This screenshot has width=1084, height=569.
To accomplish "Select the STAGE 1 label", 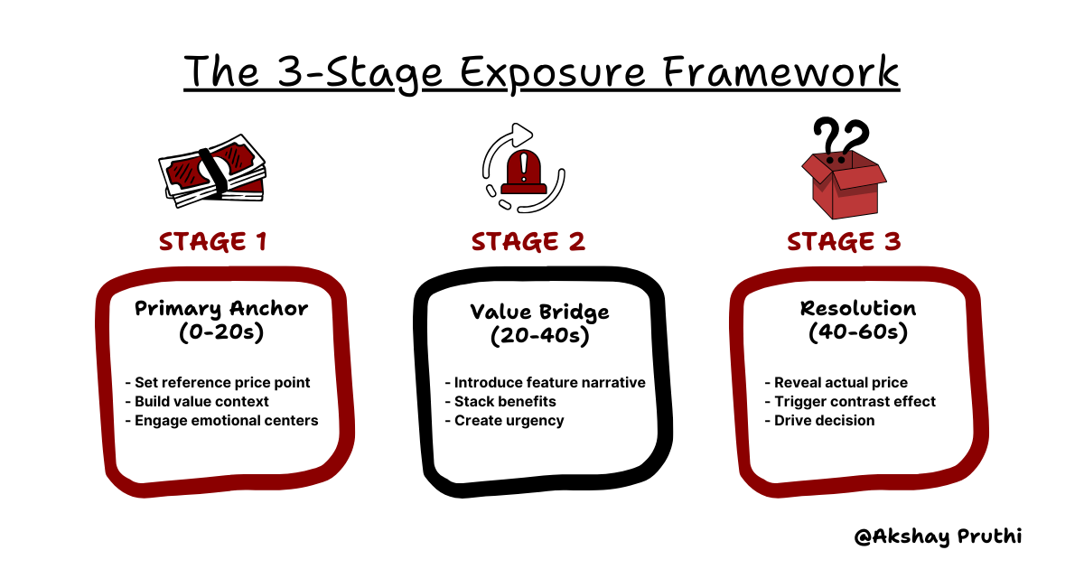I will coord(214,242).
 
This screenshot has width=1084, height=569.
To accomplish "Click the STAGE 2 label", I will coord(528,242).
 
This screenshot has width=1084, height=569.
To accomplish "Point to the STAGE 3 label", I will coord(844,242).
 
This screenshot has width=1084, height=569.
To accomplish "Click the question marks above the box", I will coord(840,135).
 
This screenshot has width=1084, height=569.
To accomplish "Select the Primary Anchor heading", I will coord(221,308).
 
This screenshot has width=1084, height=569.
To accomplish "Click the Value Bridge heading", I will coord(539,312).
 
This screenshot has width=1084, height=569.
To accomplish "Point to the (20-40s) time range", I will coord(539,336).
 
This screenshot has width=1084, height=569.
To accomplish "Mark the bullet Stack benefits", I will coord(500,401).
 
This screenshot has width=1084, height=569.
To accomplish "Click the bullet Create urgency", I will coord(504,420).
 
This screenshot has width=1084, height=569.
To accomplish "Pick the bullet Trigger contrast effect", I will coord(850,401).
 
